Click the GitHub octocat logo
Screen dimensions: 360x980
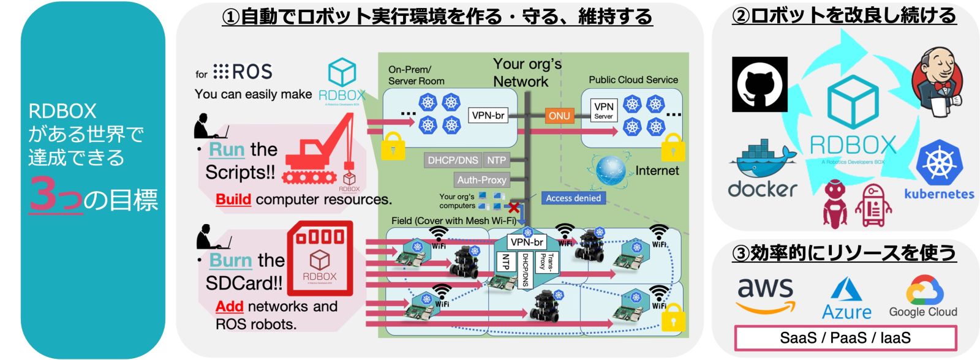[759, 84]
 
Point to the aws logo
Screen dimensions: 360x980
[765, 294]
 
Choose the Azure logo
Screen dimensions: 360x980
[846, 299]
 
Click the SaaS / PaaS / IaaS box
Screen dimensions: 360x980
[845, 338]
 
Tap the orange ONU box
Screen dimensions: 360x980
[559, 115]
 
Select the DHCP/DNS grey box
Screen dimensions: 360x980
[453, 160]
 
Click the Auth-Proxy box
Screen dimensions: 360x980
[481, 179]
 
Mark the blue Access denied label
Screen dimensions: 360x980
[573, 198]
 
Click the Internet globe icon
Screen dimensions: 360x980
[610, 171]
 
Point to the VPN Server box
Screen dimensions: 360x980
[603, 110]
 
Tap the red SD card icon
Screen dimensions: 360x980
[320, 258]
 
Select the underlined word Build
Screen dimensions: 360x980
[233, 200]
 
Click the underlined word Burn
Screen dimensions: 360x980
[230, 260]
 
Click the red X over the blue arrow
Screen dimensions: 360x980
[514, 208]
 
